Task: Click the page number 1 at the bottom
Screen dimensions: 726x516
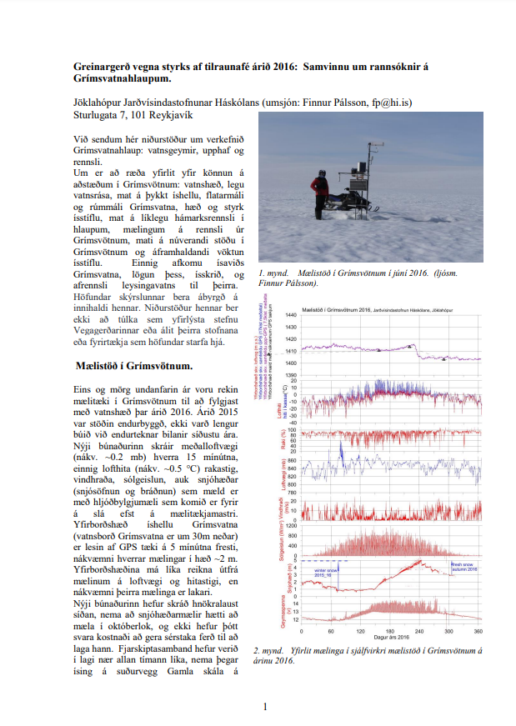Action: pyautogui.click(x=265, y=708)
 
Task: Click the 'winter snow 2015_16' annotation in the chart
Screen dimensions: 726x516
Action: pyautogui.click(x=324, y=573)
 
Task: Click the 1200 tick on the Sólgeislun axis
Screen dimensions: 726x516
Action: pyautogui.click(x=314, y=526)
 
